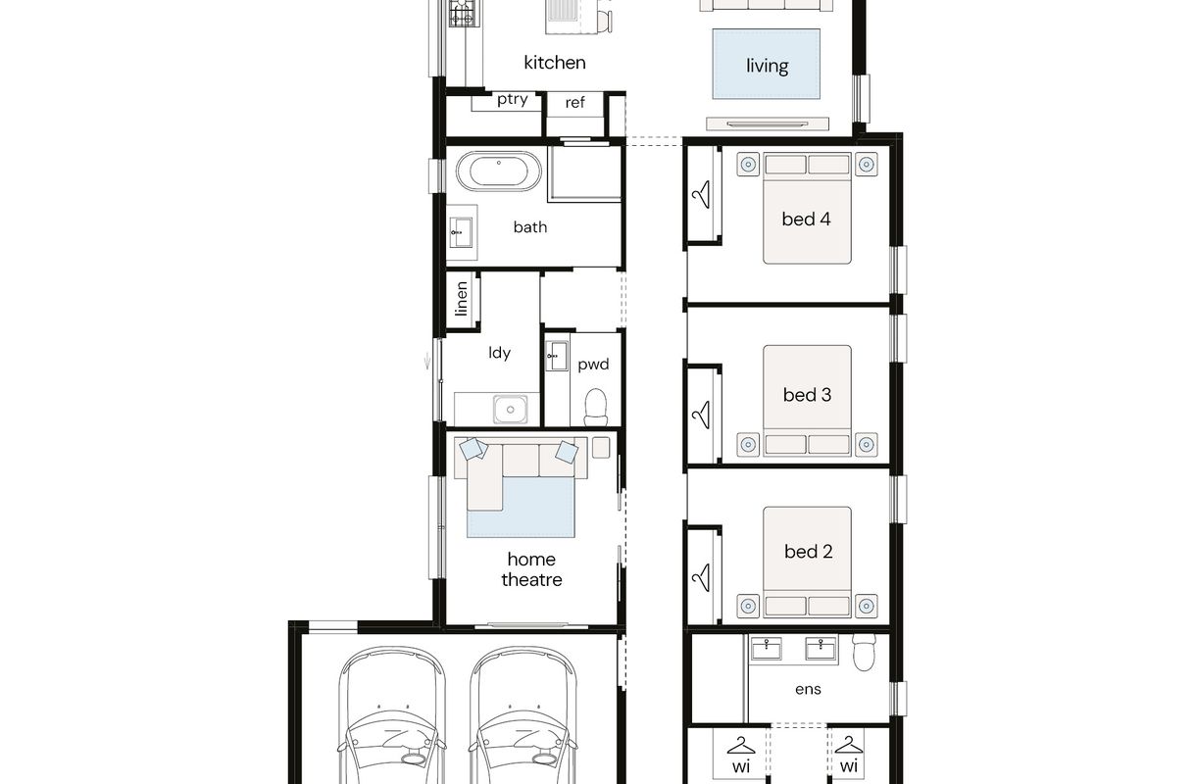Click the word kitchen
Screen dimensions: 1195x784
pyautogui.click(x=555, y=63)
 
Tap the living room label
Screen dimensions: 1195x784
pyautogui.click(x=768, y=66)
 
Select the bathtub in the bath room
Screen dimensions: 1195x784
pyautogui.click(x=499, y=171)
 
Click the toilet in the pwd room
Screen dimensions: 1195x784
pyautogui.click(x=596, y=408)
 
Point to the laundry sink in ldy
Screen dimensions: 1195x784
pyautogui.click(x=510, y=410)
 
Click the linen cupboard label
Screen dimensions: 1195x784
pyautogui.click(x=462, y=299)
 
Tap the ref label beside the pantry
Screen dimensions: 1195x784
pyautogui.click(x=575, y=102)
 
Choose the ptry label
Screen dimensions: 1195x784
pyautogui.click(x=513, y=100)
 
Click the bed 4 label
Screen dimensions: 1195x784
pyautogui.click(x=806, y=220)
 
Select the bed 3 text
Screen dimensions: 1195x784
pyautogui.click(x=807, y=395)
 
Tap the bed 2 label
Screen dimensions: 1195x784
pyautogui.click(x=808, y=552)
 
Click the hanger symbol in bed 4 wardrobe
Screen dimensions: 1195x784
pyautogui.click(x=702, y=195)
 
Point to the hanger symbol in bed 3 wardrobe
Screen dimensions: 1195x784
pyautogui.click(x=702, y=415)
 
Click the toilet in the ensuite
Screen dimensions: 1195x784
pyautogui.click(x=865, y=652)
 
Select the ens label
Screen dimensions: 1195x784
pyautogui.click(x=808, y=690)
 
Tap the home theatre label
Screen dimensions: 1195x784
pyautogui.click(x=532, y=569)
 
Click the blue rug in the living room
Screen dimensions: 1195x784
pyautogui.click(x=766, y=64)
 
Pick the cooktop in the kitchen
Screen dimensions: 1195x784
pyautogui.click(x=462, y=14)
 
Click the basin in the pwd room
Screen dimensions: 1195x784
pyautogui.click(x=557, y=356)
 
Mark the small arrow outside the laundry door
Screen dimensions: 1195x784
pyautogui.click(x=426, y=362)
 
